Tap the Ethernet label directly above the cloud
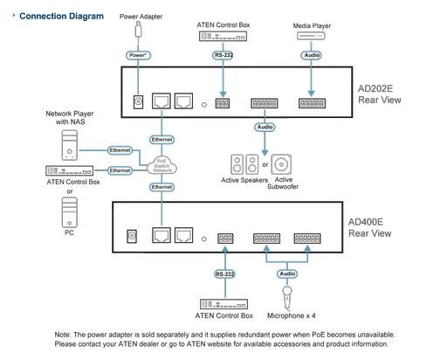click(162, 139)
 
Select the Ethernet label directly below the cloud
click(162, 188)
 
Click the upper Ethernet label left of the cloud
click(121, 150)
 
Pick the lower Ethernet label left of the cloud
click(121, 170)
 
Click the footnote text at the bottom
click(223, 338)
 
